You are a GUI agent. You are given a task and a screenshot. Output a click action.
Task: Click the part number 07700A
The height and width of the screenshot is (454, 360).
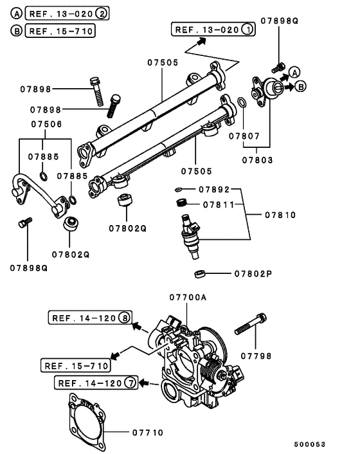tap(188, 297)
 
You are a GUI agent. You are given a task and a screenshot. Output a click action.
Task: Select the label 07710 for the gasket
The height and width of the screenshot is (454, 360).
tap(150, 433)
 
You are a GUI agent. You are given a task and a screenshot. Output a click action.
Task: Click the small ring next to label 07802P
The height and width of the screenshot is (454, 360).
tap(200, 274)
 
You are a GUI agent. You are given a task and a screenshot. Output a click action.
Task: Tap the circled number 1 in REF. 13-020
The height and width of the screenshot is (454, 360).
tap(248, 29)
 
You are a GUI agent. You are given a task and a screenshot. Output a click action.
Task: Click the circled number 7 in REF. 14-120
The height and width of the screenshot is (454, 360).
tap(130, 384)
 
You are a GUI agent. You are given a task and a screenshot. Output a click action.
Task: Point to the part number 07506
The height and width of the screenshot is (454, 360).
tap(47, 125)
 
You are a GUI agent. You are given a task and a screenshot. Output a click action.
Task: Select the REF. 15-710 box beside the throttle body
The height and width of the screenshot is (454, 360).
tap(75, 365)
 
